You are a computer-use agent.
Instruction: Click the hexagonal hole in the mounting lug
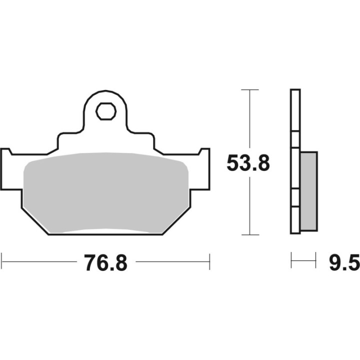click(x=105, y=111)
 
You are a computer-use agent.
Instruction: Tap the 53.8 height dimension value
click(x=248, y=163)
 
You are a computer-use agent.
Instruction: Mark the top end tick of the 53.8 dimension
click(x=249, y=89)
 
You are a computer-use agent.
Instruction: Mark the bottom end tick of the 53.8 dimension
click(x=249, y=234)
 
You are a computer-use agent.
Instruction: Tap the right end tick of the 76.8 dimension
click(x=209, y=261)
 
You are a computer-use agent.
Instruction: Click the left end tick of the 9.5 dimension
click(x=291, y=261)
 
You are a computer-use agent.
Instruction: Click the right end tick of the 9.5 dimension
click(x=316, y=261)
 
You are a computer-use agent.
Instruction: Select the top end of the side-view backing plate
click(x=295, y=91)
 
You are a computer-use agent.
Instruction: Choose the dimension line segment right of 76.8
click(x=172, y=261)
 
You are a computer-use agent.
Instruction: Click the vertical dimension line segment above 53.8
click(x=249, y=120)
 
